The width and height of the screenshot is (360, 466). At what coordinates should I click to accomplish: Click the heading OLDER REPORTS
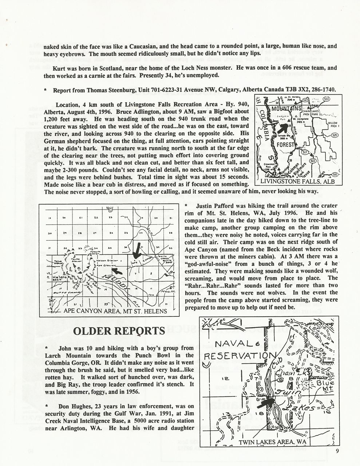(119, 331)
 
